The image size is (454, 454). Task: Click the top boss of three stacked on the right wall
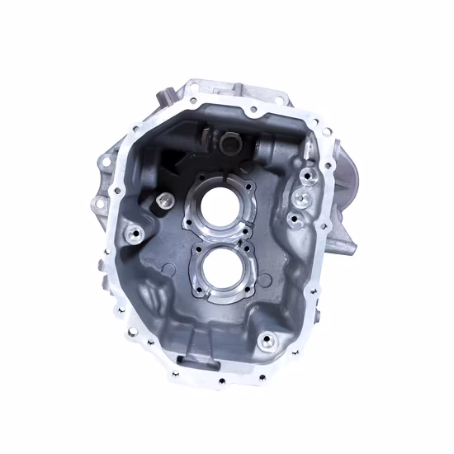305,176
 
